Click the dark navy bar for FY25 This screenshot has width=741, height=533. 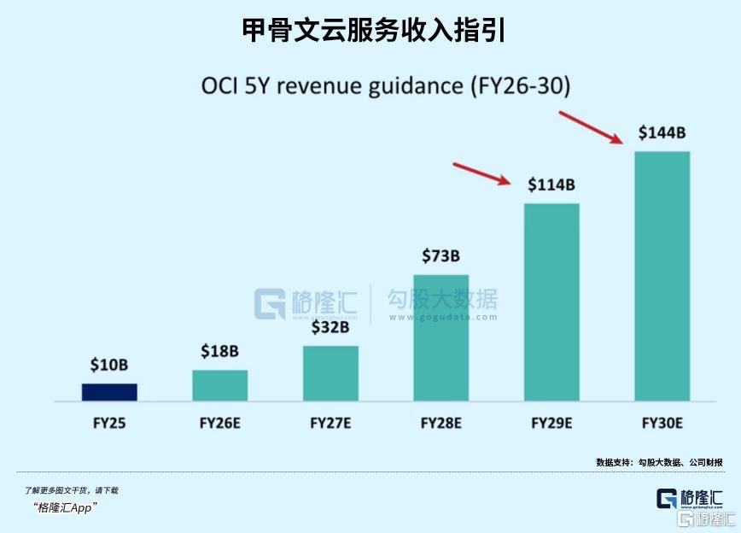(x=109, y=392)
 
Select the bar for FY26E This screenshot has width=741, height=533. (x=219, y=385)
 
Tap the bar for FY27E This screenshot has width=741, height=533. (x=330, y=373)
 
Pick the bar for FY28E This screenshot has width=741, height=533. (x=441, y=337)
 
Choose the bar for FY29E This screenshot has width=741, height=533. (x=551, y=302)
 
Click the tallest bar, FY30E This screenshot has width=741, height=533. (x=662, y=276)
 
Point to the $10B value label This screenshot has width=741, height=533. (x=109, y=365)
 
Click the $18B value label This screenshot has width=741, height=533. (x=219, y=351)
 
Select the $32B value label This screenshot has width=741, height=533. (x=330, y=327)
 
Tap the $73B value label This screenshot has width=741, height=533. (x=441, y=255)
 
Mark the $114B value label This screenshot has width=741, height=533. (x=551, y=184)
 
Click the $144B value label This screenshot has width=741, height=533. (x=662, y=132)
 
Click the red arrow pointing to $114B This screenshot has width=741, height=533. (x=482, y=173)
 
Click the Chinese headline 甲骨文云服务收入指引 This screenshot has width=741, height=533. (x=370, y=31)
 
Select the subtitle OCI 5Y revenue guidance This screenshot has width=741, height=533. (x=385, y=86)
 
